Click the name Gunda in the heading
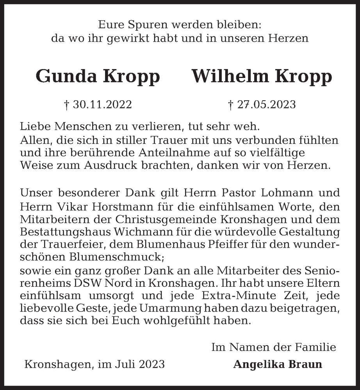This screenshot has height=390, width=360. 66,77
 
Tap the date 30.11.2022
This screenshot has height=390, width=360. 102,105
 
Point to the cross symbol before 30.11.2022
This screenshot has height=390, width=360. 66,105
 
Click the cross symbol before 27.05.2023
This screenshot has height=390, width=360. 230,105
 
